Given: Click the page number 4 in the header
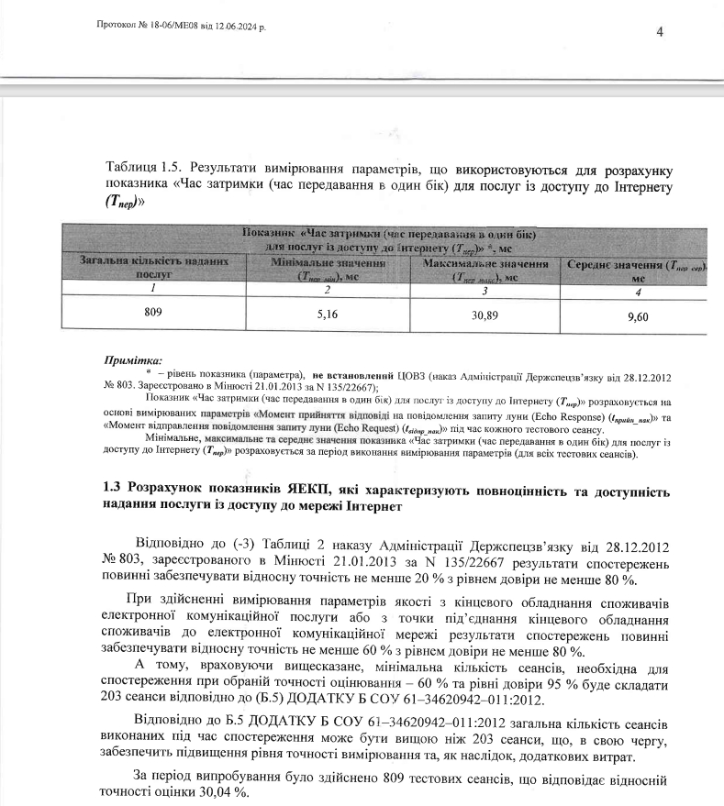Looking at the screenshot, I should [x=660, y=32].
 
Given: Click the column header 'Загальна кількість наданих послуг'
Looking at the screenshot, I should [x=153, y=267].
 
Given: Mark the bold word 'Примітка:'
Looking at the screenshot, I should [x=131, y=361].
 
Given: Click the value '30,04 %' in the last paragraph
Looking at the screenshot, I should [x=209, y=793].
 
